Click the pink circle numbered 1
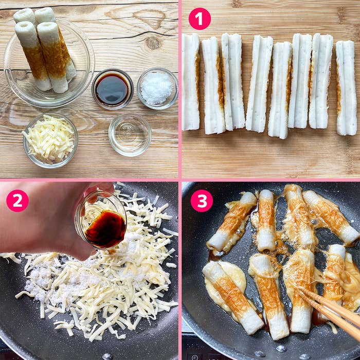pos(200,19)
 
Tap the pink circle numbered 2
pos(17,201)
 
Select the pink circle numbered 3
pos(202,201)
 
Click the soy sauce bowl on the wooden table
pos(113,89)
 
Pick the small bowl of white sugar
pos(157,88)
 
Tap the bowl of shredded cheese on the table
pos(50,140)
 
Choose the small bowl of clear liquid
pos(130,135)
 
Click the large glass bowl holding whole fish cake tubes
pos(49,62)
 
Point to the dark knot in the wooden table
pos(153,43)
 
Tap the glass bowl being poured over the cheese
pos(101,220)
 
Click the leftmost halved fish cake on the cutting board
pos(191,82)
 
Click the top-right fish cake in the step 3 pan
pos(331,217)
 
